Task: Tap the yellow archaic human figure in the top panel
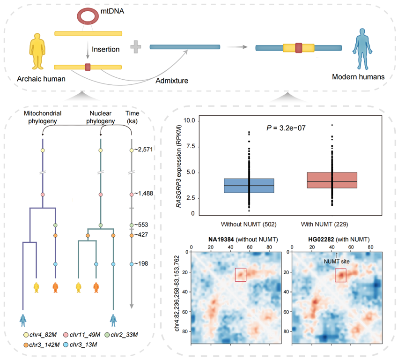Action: [x=37, y=51]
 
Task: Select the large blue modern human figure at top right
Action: [x=362, y=49]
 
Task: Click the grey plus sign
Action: [x=136, y=47]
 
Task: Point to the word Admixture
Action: [x=172, y=81]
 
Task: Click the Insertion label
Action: [x=106, y=49]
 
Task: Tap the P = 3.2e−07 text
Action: [x=286, y=128]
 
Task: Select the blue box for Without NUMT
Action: [x=249, y=186]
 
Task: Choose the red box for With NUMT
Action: [x=332, y=180]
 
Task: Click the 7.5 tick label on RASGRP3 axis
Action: [x=191, y=146]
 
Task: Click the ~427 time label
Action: [x=141, y=234]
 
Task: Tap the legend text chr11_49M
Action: [x=85, y=335]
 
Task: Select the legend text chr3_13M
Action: [x=83, y=345]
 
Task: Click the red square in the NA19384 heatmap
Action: [x=241, y=275]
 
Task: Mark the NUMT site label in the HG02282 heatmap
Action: [x=337, y=262]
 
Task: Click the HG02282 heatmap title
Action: [x=339, y=240]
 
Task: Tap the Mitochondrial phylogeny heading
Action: [x=42, y=117]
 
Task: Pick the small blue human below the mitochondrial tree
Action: [x=23, y=320]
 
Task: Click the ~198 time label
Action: [x=141, y=263]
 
